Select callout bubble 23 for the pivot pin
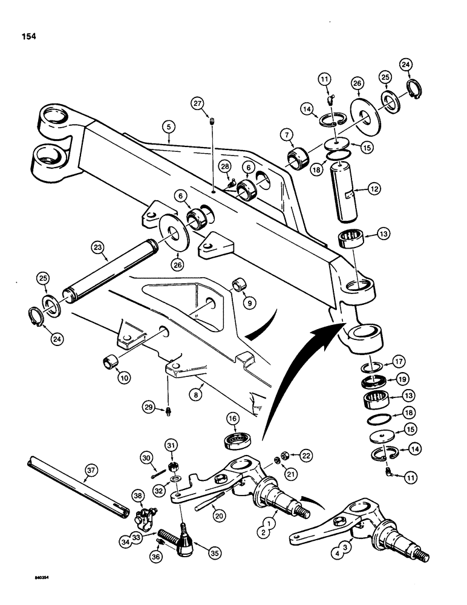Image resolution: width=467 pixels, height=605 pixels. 98,247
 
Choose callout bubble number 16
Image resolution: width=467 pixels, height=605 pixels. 232,418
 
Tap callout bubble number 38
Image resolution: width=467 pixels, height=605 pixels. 138,497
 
